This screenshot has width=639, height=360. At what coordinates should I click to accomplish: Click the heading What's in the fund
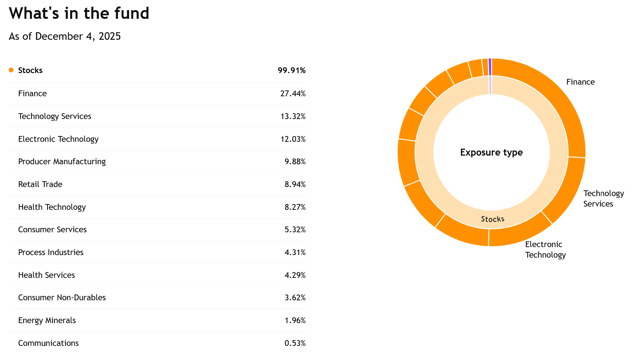(79, 13)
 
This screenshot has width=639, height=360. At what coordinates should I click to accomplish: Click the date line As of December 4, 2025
(65, 37)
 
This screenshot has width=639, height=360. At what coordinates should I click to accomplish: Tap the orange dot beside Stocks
(11, 70)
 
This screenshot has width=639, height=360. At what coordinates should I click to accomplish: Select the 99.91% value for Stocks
(291, 70)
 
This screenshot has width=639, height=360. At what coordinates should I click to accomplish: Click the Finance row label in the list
(32, 93)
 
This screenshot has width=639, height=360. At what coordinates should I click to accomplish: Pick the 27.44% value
(293, 93)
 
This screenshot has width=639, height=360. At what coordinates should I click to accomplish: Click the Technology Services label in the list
(55, 116)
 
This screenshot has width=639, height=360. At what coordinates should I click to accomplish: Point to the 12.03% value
(293, 139)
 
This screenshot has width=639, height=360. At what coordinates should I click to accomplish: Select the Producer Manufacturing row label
(62, 161)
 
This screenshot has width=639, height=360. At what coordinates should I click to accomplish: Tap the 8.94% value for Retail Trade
(295, 184)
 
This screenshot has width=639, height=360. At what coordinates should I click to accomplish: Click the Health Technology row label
(52, 207)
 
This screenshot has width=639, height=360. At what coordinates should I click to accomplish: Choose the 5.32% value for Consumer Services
(295, 229)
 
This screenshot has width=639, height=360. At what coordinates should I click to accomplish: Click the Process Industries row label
(51, 252)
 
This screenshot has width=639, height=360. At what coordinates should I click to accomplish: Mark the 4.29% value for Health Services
(295, 275)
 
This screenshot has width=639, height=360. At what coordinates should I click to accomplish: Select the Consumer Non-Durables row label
(62, 297)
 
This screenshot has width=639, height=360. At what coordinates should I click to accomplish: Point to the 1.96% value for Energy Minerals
(295, 320)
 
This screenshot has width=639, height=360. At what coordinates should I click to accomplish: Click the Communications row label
(48, 343)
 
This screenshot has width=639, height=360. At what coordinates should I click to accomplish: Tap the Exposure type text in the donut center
(491, 152)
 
